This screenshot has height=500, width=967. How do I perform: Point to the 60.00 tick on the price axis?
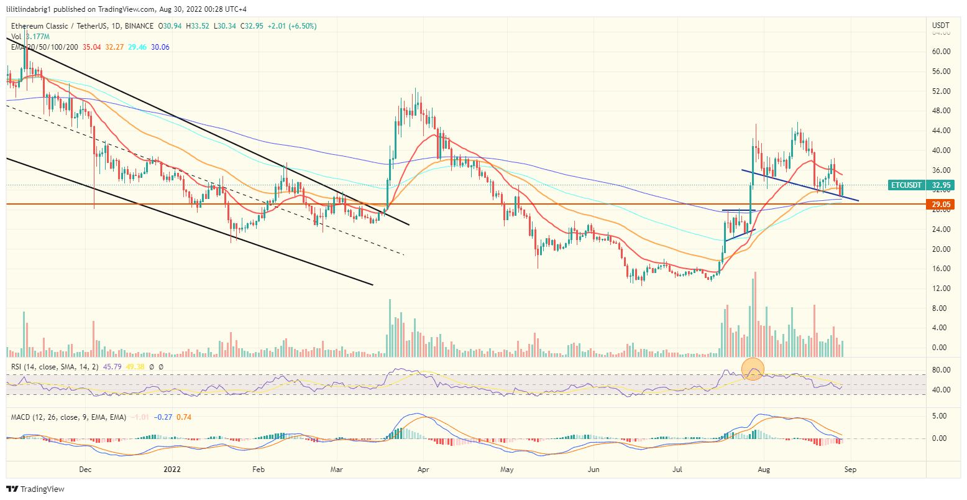(x=940, y=52)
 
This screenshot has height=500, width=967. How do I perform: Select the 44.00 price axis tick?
(x=940, y=131)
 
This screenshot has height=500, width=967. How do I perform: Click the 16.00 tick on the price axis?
(x=940, y=269)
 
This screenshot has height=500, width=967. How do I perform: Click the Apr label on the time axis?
(x=423, y=470)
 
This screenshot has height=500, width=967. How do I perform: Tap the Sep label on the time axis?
(x=850, y=470)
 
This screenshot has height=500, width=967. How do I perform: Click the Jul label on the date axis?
(x=677, y=470)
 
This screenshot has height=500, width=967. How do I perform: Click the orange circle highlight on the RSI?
(x=753, y=369)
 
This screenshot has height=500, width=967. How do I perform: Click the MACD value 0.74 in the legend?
(x=184, y=417)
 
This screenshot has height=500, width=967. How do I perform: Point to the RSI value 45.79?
(x=115, y=367)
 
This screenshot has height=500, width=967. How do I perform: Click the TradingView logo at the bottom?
(x=35, y=489)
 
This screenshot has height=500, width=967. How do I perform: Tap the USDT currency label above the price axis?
(x=941, y=25)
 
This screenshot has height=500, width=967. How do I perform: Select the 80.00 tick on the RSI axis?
(x=940, y=370)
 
